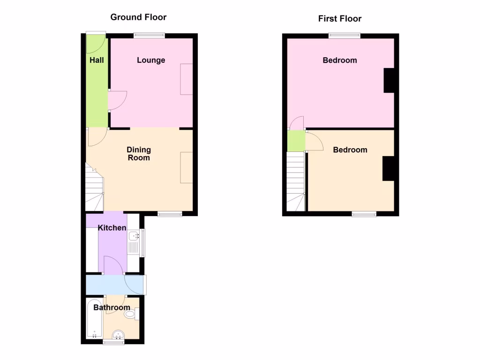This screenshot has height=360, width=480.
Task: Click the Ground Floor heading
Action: coord(138,17)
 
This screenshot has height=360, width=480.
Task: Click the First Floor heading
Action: coord(340,19)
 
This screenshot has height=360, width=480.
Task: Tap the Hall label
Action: coord(97,60)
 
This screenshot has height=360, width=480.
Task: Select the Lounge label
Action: coord(151,60)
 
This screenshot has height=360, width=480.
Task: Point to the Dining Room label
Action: coord(139,154)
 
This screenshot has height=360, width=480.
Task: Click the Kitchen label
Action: coord(112,228)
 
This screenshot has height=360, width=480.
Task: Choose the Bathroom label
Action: coord(112,307)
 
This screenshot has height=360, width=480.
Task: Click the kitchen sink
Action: coord(134,236)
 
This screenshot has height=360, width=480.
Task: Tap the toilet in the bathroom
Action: coord(131,313)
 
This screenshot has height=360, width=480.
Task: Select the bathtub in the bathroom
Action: coord(94,319)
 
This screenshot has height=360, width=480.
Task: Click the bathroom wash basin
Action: coord(118,334)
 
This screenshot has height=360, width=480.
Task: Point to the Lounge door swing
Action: coord(117,100)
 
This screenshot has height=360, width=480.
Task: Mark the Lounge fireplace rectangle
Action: coord(186,79)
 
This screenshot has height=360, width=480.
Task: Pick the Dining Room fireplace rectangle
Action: coord(187,167)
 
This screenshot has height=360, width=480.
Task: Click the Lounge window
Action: coord(149,34)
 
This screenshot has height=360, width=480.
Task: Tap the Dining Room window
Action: coord(170,214)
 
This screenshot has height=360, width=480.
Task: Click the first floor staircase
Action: coord(295,180)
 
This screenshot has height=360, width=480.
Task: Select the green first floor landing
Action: coord(296,141)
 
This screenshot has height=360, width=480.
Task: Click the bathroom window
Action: coord(114,343)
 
